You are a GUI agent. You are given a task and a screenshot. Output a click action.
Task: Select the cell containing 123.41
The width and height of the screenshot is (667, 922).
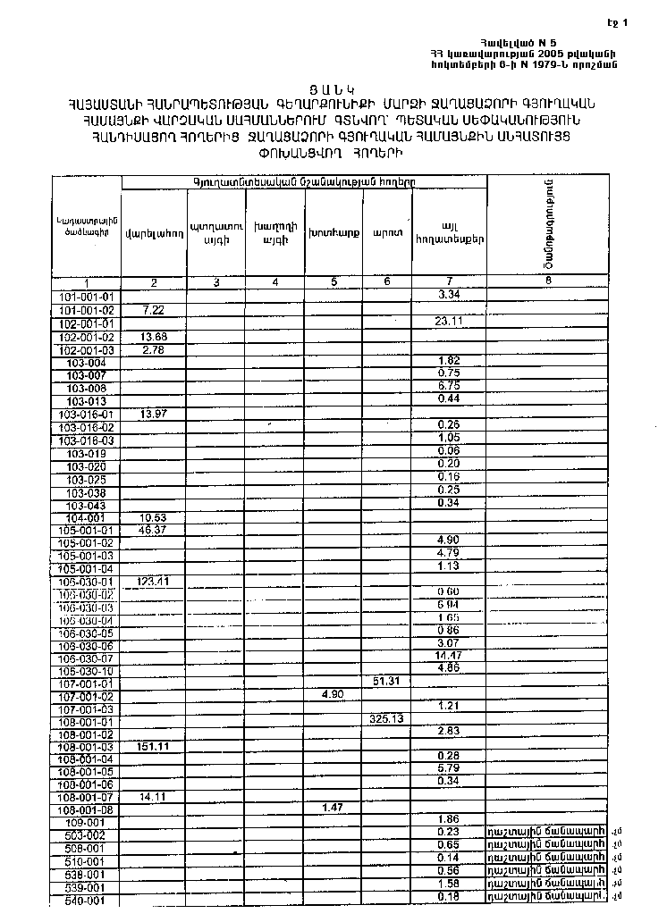coord(154,581)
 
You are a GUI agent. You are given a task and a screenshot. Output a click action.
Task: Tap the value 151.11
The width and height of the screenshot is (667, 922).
coord(154,746)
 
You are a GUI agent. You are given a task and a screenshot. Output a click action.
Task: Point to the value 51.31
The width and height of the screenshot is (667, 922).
coord(387,682)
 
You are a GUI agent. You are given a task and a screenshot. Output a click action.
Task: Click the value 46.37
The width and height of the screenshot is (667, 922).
coord(154,530)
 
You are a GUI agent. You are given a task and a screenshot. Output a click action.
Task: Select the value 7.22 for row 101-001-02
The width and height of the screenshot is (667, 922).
coord(154,308)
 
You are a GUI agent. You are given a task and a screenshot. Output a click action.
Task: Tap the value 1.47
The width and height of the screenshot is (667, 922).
coord(333,807)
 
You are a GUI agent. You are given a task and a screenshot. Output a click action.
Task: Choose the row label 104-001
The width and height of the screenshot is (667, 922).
coord(87,517)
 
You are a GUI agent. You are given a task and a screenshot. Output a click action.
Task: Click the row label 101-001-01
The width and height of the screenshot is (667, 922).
coord(87,296)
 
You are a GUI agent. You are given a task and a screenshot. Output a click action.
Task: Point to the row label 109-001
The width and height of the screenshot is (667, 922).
coord(87,820)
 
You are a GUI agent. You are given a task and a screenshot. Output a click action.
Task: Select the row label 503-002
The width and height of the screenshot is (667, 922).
coord(87,834)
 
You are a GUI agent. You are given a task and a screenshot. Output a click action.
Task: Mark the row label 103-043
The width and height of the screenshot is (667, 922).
coord(87,504)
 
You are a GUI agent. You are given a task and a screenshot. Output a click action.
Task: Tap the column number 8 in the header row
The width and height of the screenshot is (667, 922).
coord(548,281)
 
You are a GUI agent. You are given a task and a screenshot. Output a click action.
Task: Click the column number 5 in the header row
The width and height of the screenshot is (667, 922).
coord(333,282)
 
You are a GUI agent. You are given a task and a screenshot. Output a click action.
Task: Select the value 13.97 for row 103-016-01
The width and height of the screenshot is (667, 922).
coord(154,415)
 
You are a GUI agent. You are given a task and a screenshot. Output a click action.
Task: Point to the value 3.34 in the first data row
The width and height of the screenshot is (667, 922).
coord(449,295)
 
